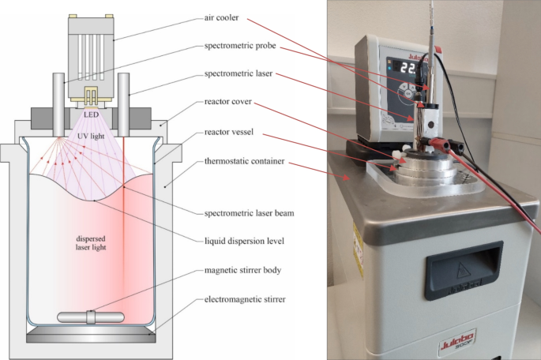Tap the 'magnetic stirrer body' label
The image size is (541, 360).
pos(243,271)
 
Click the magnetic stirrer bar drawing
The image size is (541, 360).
pos(91,317)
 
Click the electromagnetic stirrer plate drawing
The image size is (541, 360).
pos(91,336)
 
